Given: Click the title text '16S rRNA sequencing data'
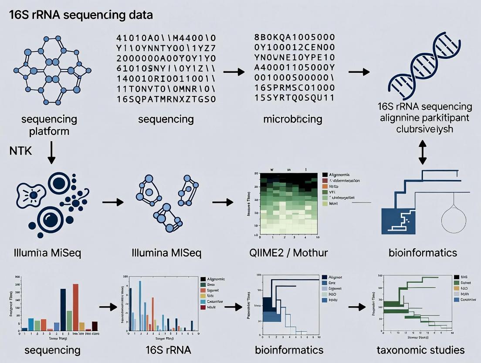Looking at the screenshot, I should point(81,15).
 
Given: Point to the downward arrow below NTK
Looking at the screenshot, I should point(51,155).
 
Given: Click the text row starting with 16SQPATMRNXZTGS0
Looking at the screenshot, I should point(166,99).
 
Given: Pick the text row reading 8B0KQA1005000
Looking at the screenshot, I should point(294,37).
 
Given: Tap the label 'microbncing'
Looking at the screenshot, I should point(292,119).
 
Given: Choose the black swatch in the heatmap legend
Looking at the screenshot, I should point(325,175).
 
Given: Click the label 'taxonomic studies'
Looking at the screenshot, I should point(420,350).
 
